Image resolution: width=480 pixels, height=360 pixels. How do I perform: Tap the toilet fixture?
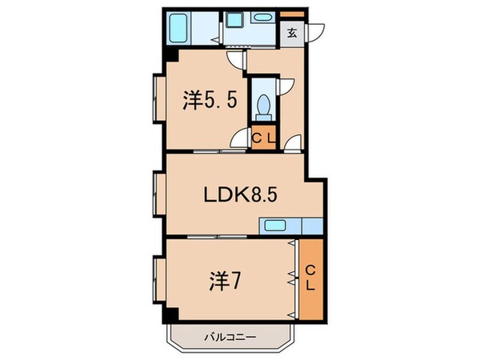(262, 106)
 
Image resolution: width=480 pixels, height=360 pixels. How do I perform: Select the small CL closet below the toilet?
(262, 138)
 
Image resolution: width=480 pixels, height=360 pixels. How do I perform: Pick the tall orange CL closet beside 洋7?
(310, 278)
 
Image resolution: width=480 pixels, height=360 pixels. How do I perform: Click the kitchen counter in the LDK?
(284, 226)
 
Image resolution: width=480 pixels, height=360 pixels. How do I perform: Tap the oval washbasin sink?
(262, 18)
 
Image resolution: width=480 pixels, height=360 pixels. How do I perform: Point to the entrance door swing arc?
(315, 32)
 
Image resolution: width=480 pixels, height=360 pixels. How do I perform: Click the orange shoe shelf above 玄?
(293, 14)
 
